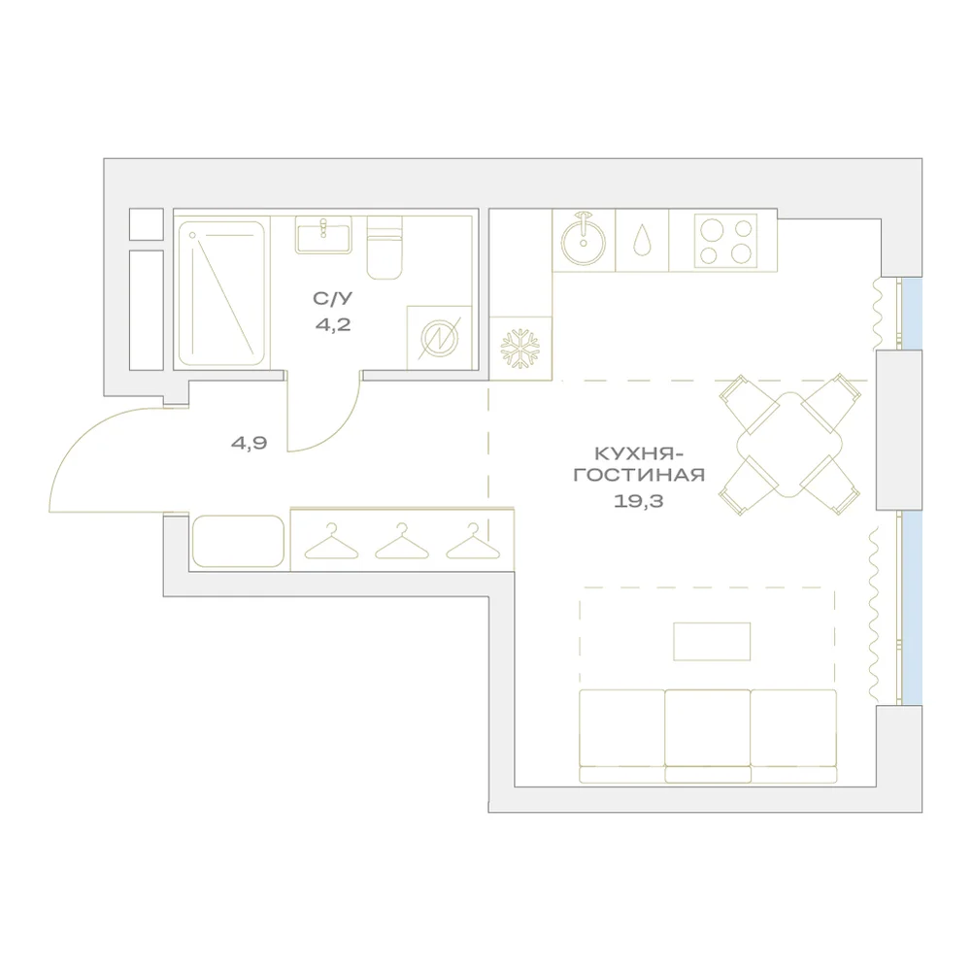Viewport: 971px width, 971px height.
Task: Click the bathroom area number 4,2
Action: [x=333, y=324]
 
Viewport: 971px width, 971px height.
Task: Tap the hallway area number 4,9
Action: [x=249, y=443]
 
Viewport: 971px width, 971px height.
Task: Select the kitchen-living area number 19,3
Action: [x=639, y=501]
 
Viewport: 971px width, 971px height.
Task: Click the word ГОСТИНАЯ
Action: [x=639, y=476]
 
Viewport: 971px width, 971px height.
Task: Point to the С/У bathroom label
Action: [x=332, y=298]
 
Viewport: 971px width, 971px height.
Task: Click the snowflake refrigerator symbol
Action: [x=520, y=349]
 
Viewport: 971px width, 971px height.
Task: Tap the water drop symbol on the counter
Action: [x=642, y=239]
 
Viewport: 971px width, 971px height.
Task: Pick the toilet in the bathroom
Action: [x=385, y=248]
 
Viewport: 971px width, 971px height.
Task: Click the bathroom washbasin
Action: [x=323, y=235]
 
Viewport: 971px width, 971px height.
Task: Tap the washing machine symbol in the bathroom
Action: [x=439, y=338]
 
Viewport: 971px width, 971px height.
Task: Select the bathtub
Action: [x=221, y=293]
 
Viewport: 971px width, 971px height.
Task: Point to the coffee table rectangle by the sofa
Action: [x=712, y=642]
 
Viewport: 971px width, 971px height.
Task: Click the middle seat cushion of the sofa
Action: [x=708, y=728]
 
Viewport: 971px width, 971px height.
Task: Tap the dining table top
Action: [x=789, y=445]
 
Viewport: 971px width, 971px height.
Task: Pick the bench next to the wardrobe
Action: [x=239, y=541]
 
